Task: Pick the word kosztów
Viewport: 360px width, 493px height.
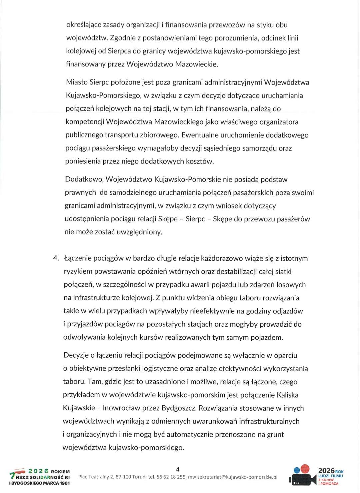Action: click(x=200, y=161)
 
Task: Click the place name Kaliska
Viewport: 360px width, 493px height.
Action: click(x=287, y=395)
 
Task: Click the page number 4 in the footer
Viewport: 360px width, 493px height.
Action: click(x=178, y=469)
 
